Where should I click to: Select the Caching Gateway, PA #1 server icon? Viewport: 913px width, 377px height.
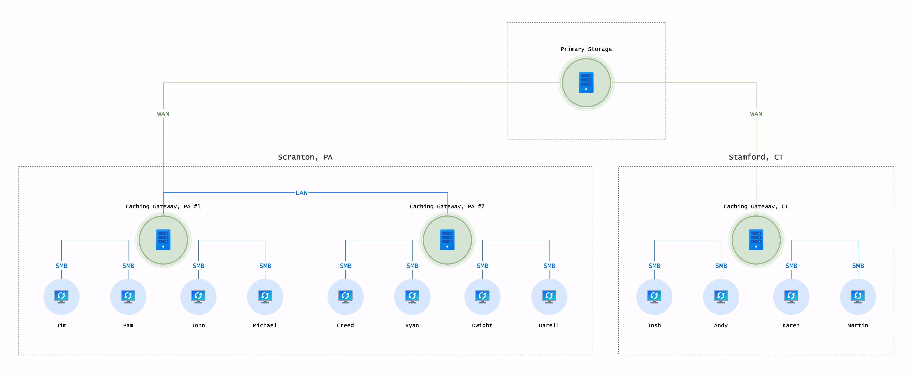click(x=163, y=240)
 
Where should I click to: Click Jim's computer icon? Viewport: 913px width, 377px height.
click(x=61, y=297)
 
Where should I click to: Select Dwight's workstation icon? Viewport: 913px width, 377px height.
click(x=482, y=297)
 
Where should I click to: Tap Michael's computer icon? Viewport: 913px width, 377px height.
click(x=265, y=297)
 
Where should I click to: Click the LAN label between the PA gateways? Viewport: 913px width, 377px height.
click(x=302, y=193)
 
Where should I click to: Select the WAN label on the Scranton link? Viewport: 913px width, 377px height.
click(x=163, y=114)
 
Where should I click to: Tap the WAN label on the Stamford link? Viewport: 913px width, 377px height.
click(x=756, y=114)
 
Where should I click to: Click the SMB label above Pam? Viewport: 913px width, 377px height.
click(x=128, y=266)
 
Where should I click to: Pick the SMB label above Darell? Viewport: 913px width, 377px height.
click(x=549, y=266)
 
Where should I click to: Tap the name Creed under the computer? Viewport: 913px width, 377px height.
click(x=345, y=325)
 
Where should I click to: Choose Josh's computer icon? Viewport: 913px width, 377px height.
click(x=654, y=297)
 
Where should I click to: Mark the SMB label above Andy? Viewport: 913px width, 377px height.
click(x=721, y=266)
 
